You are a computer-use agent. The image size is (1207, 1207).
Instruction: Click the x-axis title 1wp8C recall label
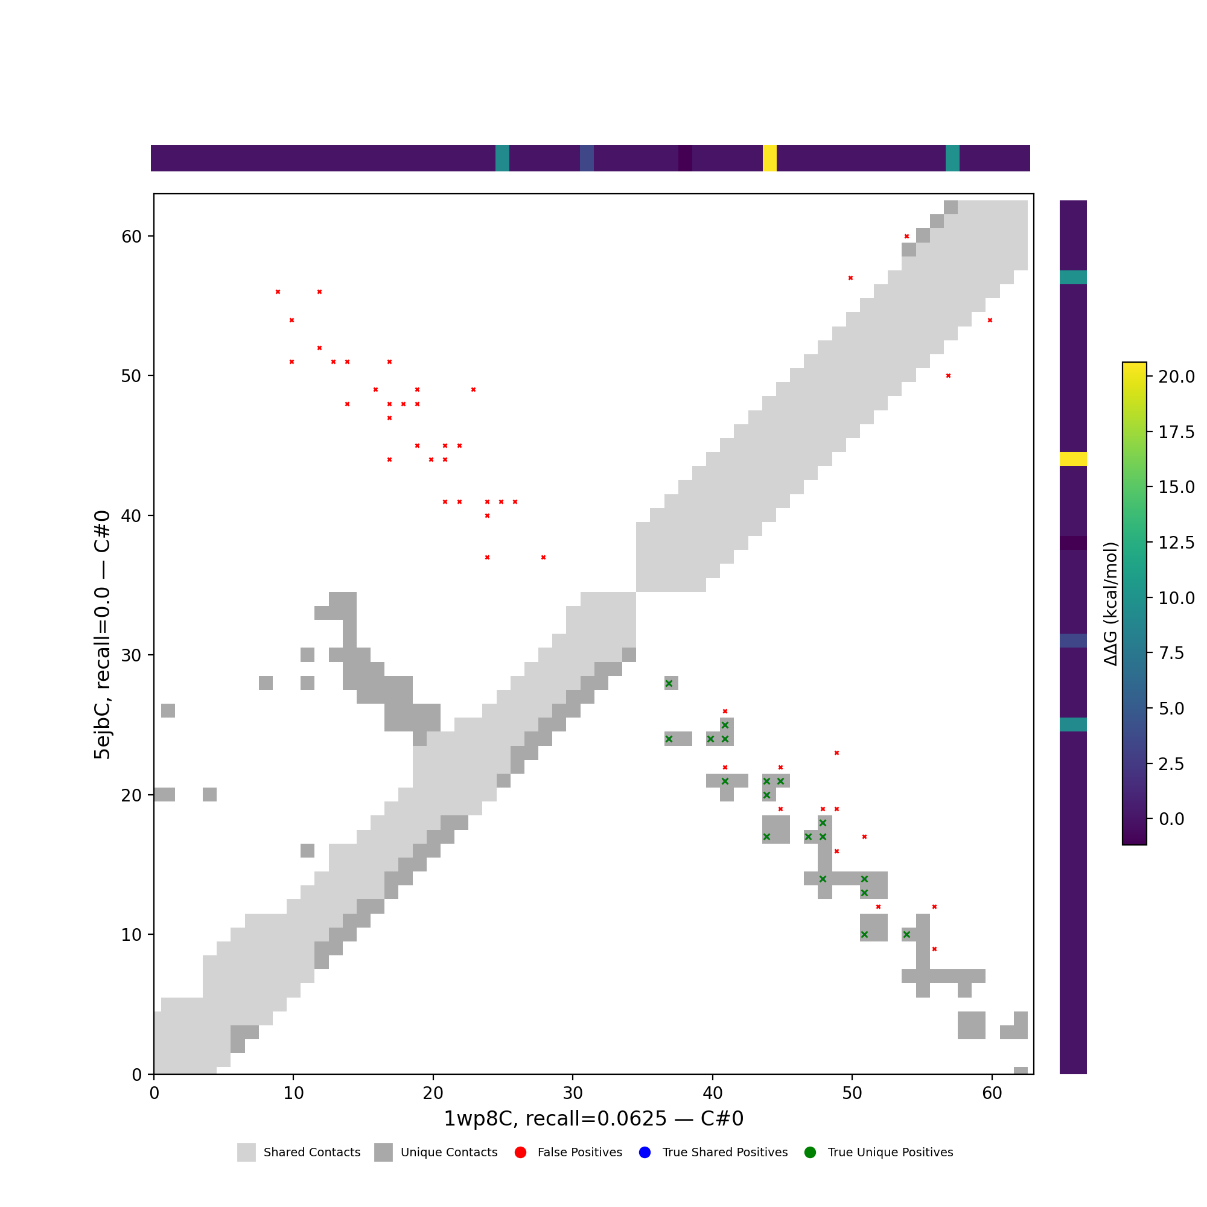tap(593, 1119)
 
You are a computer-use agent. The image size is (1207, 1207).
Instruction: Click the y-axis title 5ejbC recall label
tap(103, 635)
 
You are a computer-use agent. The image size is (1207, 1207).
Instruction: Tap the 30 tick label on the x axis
tap(572, 1094)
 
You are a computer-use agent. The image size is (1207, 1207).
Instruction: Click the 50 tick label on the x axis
tap(852, 1094)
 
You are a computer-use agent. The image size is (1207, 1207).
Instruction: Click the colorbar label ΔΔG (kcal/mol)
tap(1110, 603)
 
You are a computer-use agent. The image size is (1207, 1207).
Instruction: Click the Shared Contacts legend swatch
tap(246, 1153)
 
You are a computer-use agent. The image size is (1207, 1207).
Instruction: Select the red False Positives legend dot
tap(520, 1153)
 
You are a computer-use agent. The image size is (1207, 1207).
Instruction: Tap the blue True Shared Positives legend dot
tap(645, 1153)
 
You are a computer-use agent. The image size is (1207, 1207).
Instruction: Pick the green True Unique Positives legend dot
tap(811, 1153)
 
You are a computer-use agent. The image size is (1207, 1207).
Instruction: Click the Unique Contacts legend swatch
tap(384, 1153)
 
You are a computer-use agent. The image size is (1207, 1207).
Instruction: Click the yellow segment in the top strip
tap(769, 158)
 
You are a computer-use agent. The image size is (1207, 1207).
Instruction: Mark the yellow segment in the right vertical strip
tap(1073, 459)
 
